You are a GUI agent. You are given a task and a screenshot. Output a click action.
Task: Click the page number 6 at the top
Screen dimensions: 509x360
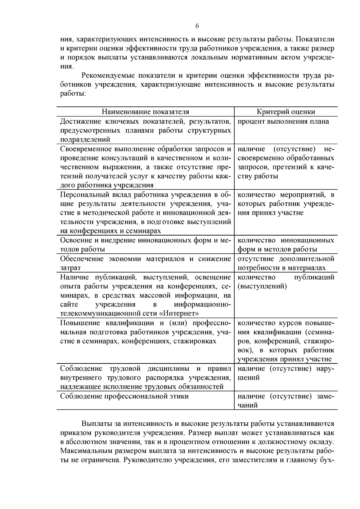point(197,26)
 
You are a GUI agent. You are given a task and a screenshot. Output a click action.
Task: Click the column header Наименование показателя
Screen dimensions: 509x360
point(145,112)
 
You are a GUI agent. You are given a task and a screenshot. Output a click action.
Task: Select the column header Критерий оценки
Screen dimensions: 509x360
point(286,112)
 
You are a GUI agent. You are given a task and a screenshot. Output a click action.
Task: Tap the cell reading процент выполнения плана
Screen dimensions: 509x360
point(283,121)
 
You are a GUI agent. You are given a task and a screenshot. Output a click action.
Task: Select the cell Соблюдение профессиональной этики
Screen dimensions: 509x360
point(124,396)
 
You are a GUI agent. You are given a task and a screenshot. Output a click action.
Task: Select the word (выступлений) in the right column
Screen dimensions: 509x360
point(262,286)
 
